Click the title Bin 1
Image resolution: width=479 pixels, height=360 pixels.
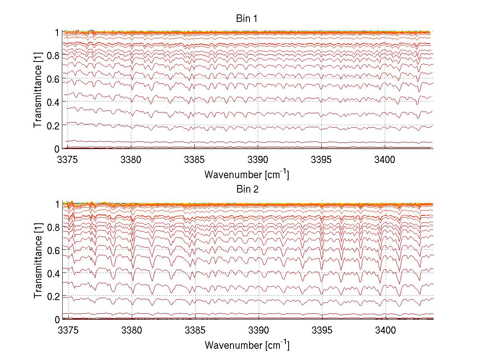point(247,18)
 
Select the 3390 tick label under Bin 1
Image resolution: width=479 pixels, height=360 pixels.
point(258,160)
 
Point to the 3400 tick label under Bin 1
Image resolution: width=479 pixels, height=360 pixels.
point(385,160)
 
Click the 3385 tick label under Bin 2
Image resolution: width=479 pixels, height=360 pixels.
point(195,331)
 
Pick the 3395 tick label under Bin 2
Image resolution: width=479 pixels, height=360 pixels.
point(322,331)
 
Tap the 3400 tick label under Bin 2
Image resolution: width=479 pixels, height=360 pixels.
point(385,331)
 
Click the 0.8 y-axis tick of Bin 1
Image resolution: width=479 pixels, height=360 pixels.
point(53,56)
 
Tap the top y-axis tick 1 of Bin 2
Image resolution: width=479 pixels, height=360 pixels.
point(57,204)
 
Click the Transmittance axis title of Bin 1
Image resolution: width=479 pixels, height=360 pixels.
point(38,90)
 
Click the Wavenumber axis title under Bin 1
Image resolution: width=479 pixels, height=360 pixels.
point(247,174)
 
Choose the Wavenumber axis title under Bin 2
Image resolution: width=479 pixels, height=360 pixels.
point(247,345)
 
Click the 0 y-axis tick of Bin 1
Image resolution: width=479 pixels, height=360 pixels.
point(57,149)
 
